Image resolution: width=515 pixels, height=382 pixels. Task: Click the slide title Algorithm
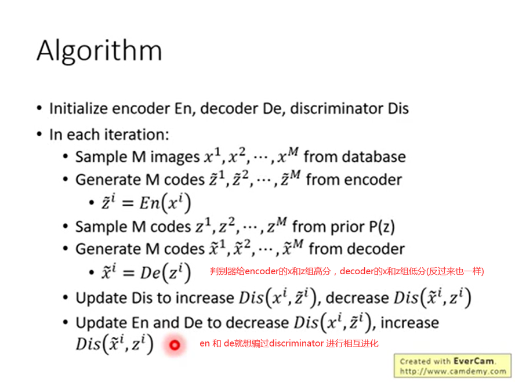click(99, 51)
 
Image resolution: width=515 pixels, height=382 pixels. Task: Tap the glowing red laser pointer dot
click(175, 345)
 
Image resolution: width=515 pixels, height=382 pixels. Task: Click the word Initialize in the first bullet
click(78, 108)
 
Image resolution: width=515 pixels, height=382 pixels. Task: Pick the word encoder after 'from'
click(373, 180)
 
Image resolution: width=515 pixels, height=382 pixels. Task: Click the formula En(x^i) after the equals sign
click(165, 203)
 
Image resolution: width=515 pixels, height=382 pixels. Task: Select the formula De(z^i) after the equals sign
click(165, 272)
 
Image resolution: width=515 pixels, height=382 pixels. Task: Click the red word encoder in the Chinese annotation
click(262, 271)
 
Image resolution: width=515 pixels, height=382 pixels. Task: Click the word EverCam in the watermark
click(474, 361)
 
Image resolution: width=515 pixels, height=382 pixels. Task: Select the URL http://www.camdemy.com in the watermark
click(453, 372)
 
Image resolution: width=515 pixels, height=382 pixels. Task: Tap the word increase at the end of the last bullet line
click(409, 323)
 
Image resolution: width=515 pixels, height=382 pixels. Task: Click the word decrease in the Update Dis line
click(357, 298)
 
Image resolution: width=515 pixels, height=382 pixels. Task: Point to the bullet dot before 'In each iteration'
click(39, 134)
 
